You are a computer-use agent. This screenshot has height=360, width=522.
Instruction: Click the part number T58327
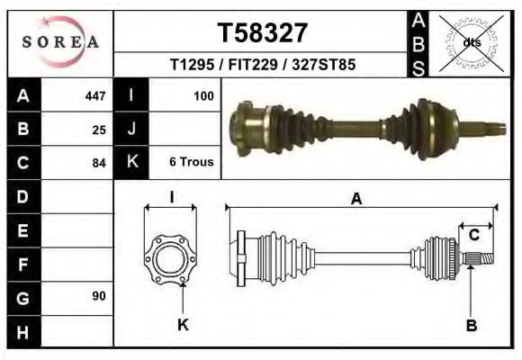[263, 33]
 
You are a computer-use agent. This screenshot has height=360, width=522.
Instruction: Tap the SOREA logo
[60, 42]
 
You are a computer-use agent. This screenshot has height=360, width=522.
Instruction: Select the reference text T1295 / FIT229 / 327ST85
[262, 66]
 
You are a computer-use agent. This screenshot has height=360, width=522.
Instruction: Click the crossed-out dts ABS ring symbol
[472, 41]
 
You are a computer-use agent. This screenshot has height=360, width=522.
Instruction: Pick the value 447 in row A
[94, 95]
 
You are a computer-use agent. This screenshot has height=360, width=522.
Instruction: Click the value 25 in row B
[99, 130]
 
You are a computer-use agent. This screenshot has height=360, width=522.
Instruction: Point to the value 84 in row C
[99, 163]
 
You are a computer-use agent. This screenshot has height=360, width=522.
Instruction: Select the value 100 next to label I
[203, 95]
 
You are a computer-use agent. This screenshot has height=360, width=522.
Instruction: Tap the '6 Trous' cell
[191, 163]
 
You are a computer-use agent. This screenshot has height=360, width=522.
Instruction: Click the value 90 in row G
[99, 295]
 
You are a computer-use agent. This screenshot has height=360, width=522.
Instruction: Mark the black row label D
[22, 196]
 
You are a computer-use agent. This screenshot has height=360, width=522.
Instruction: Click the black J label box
[132, 130]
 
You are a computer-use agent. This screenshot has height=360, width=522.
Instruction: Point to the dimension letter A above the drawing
[356, 200]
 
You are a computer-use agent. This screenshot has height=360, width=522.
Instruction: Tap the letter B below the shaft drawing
[471, 326]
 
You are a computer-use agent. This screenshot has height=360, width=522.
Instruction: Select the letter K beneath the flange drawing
[182, 326]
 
